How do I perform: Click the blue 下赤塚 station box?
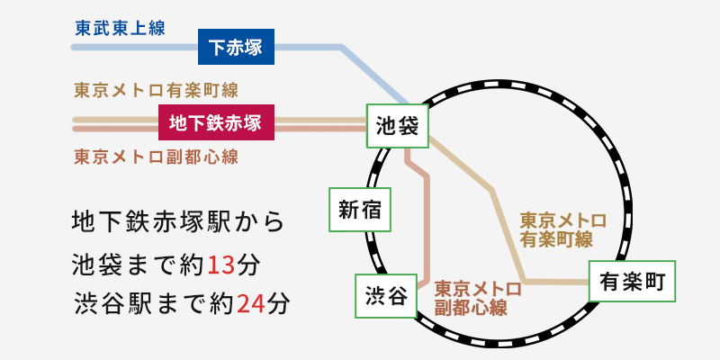coord(236,46)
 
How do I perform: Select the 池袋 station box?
coord(396,127)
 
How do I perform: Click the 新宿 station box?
coord(360,210)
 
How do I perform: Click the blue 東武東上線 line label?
coord(119,28)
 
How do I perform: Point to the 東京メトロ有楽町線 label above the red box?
coord(155,91)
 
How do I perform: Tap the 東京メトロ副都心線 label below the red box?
coord(155,156)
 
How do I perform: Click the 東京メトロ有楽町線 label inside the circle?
coord(562,229)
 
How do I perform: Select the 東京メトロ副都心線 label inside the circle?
coord(477,298)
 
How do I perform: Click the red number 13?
coord(220,265)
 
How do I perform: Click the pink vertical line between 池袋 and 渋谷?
coord(426,225)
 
